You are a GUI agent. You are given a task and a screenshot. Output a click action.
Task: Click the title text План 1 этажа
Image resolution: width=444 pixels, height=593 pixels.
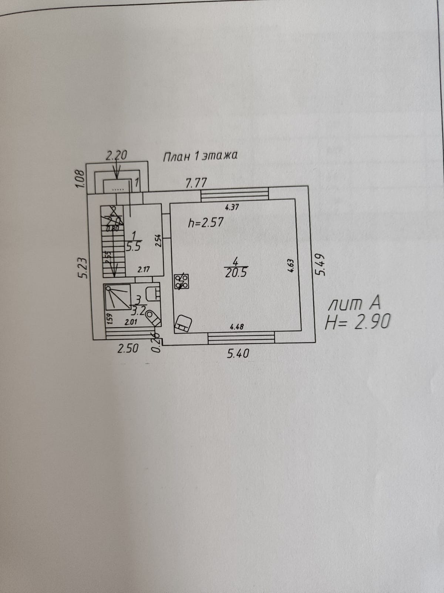(x=200, y=156)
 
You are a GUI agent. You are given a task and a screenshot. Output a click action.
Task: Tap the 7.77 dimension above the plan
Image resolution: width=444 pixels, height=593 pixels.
(x=196, y=183)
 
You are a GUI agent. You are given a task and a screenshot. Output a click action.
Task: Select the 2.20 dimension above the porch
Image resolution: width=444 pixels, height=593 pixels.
(x=116, y=155)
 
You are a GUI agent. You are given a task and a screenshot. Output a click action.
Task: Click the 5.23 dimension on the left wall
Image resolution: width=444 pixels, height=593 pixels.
(x=83, y=268)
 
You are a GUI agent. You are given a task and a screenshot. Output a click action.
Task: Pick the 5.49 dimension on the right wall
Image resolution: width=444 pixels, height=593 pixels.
(x=321, y=264)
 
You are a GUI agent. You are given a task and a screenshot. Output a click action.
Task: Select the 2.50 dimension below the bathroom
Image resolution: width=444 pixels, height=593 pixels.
(x=128, y=348)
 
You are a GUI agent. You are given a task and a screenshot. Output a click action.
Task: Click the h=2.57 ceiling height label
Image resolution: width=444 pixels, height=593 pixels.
(x=206, y=223)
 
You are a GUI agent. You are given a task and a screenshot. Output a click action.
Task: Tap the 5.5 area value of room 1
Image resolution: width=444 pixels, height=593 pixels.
(x=133, y=247)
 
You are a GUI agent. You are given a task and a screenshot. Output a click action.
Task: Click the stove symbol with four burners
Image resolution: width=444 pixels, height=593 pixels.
(x=182, y=281)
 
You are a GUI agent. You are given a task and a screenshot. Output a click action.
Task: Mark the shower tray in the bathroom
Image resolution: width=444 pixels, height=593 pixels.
(x=118, y=297)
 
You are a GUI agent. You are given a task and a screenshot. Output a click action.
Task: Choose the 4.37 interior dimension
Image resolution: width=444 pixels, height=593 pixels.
(x=232, y=207)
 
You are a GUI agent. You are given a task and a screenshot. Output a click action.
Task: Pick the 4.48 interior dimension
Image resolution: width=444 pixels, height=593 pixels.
(x=236, y=327)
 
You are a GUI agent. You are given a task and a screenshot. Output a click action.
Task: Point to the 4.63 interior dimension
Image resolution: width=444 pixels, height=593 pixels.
(x=291, y=265)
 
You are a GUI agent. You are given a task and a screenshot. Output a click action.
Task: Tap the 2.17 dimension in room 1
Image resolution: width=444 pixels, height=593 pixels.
(x=143, y=269)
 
